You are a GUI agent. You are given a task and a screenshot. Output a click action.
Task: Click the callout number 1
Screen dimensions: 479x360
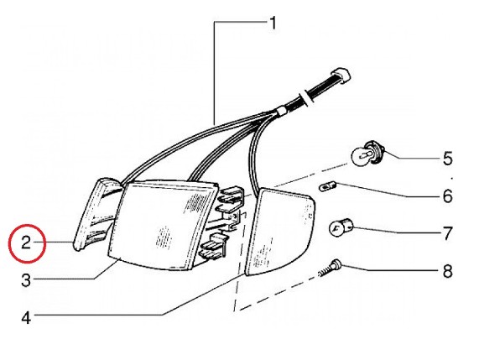[x=273, y=23]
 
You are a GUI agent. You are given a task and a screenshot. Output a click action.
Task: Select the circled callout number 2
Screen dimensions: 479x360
[x=26, y=243]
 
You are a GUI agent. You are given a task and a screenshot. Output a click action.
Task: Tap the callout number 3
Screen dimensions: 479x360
[x=26, y=279]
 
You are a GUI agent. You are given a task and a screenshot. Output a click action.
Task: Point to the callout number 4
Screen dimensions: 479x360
[x=26, y=317]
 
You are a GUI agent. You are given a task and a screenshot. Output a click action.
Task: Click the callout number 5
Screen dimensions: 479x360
[x=447, y=159]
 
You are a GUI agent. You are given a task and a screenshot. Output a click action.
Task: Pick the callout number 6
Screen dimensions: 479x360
[x=447, y=196]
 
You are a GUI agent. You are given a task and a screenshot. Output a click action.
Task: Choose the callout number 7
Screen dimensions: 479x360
[x=447, y=233]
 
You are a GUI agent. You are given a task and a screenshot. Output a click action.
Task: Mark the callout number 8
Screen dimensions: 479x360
[x=447, y=271]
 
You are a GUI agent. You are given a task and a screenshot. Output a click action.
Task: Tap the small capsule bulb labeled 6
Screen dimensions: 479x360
[x=328, y=186]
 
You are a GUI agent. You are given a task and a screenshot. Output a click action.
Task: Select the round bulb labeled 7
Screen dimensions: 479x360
[x=341, y=227]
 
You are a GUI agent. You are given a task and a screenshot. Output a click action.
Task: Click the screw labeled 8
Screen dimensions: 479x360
[x=329, y=269]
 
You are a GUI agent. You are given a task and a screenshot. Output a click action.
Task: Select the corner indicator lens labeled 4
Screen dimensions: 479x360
[x=279, y=232]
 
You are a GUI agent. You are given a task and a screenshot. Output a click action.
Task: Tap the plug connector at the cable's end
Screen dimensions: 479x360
[x=340, y=75]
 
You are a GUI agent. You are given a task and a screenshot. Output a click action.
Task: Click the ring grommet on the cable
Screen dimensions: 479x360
[x=305, y=97]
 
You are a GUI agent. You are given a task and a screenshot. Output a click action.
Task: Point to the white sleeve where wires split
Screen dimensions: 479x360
[x=280, y=112]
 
